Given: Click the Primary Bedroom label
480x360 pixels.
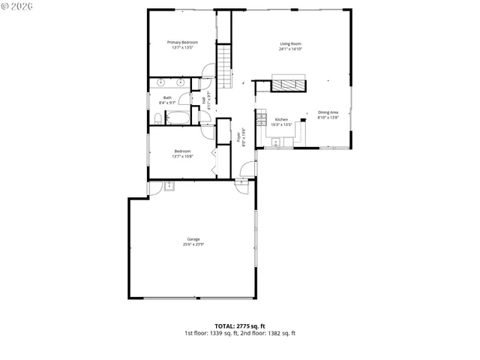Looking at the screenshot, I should (182, 43).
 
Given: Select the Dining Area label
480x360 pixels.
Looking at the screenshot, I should (328, 112).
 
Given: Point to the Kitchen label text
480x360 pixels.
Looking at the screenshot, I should (281, 120).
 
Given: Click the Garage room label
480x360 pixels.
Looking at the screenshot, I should (193, 239).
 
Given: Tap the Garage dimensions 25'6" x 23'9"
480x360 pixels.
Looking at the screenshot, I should (193, 244).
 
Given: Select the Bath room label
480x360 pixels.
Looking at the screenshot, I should (167, 97).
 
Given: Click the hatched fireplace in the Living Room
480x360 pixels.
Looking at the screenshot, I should (288, 84).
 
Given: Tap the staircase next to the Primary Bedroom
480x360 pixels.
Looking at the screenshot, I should (225, 64).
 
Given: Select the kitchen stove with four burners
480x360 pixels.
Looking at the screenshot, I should (261, 120).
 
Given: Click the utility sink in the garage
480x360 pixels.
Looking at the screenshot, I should (169, 186).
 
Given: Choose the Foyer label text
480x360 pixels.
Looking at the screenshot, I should (239, 137).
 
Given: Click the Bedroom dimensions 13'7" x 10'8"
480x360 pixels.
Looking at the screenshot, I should (182, 157).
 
